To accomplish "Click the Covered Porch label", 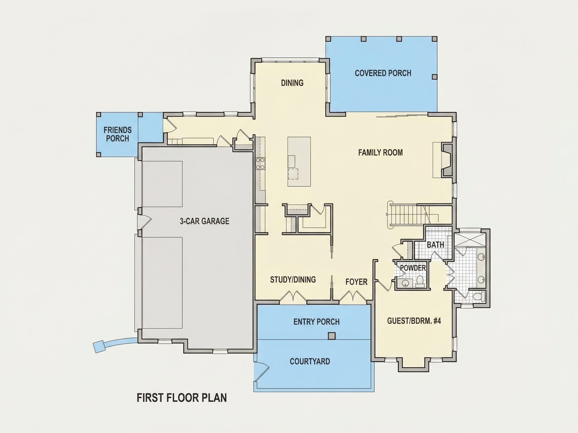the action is [x=383, y=73].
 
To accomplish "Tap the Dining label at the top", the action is [x=292, y=83].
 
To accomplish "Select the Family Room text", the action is [x=380, y=153].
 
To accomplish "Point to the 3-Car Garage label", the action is [x=204, y=221].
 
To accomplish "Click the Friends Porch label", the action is [x=118, y=134].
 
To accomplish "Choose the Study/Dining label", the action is [x=293, y=280].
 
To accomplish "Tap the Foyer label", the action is [x=356, y=282].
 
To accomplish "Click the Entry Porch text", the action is [x=316, y=322].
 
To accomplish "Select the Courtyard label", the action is [x=310, y=362].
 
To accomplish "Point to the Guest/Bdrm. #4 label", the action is [x=414, y=321].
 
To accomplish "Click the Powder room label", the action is [x=413, y=268].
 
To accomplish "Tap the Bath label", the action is [x=435, y=245].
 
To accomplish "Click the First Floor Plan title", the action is [x=182, y=398].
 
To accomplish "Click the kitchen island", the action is [x=299, y=162].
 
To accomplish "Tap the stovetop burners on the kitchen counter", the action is [x=260, y=164].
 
